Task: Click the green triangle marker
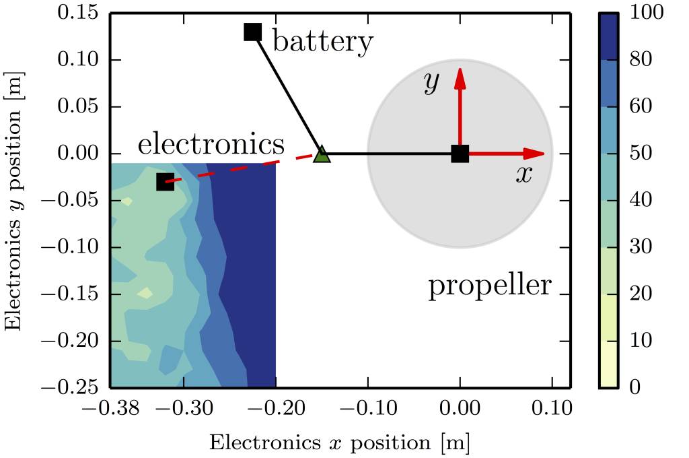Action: [x=322, y=155]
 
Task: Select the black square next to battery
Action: [x=252, y=32]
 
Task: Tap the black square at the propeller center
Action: [x=460, y=154]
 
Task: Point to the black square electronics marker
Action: [x=166, y=182]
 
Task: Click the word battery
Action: [x=322, y=42]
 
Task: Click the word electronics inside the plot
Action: [x=211, y=143]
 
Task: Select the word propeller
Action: [x=490, y=287]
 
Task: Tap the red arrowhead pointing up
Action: [x=460, y=76]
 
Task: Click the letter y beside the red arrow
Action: [x=431, y=82]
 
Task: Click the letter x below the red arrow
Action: [x=523, y=175]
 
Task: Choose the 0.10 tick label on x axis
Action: [x=552, y=407]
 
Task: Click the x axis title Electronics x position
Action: [x=339, y=443]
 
